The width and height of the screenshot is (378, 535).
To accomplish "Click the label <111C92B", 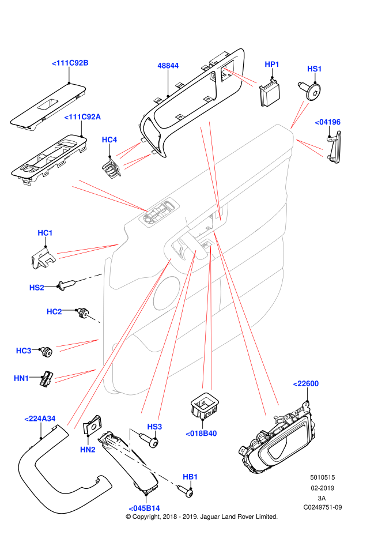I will pos(70,63).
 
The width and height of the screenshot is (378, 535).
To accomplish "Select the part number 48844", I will pos(168,66).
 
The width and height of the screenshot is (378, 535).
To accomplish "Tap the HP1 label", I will pos(272,65).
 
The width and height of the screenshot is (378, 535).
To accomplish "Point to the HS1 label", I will pos(314,69).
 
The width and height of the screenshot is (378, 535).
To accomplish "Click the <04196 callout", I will pos(328,122).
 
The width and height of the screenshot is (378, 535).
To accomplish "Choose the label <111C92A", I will pos(82,117).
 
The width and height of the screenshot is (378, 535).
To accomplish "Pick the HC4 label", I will pos(109,140).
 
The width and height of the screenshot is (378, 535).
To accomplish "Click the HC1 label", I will pos(45,233).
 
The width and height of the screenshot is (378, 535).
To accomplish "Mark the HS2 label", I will pos(36,288).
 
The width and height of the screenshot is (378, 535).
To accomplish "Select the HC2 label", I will pos(54,312).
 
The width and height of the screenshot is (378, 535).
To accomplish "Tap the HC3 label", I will pos(24,351).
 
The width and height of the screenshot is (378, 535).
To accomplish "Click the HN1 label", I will pos(21,379).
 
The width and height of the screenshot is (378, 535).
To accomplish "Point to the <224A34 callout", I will pos(40,419).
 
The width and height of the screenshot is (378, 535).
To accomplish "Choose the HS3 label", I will pos(154,427).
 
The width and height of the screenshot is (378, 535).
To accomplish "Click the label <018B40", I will pos(201,434).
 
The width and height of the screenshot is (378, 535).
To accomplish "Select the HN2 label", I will pos(88,450).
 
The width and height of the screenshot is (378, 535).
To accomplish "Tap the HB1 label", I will pos(190,477).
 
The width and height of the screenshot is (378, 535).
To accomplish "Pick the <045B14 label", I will pos(144,508).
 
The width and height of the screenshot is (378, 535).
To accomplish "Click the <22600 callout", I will pos(306,384).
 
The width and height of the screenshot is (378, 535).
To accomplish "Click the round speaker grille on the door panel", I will pos(167,293).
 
